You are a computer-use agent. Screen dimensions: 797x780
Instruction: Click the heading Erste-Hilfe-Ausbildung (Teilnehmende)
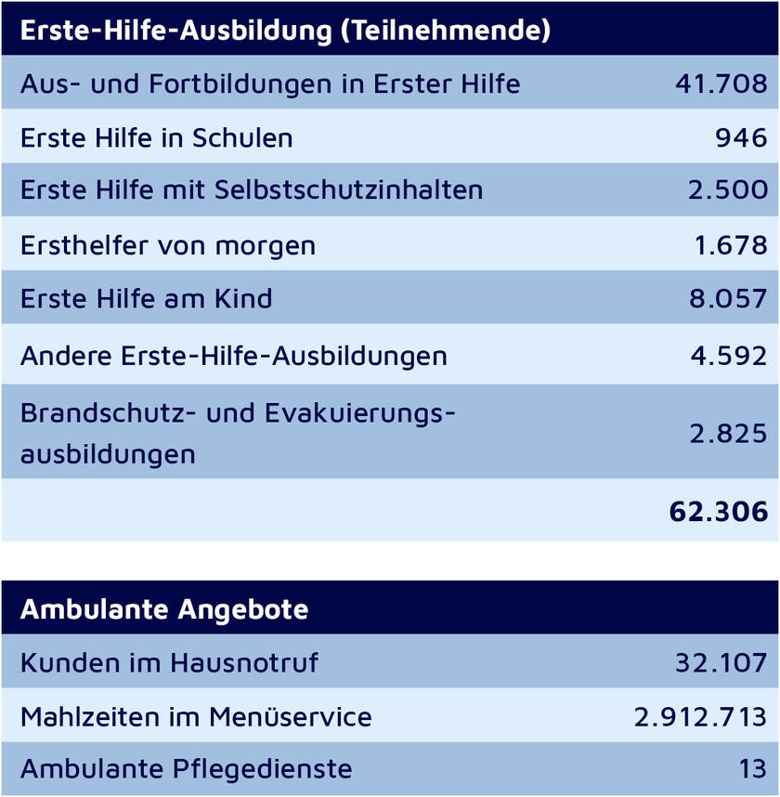click(x=285, y=30)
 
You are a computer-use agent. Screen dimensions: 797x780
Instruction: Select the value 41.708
click(x=721, y=84)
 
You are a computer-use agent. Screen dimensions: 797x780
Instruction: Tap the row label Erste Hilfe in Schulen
click(x=156, y=137)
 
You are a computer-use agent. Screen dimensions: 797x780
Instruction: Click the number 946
click(x=741, y=137)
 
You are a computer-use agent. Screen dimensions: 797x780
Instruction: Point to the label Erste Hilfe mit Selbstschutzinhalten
click(x=252, y=190)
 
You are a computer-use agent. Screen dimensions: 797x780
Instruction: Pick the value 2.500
click(x=728, y=190)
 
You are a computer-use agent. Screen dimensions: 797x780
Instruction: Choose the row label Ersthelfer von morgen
click(x=168, y=245)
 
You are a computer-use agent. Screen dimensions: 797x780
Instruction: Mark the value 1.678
click(x=731, y=245)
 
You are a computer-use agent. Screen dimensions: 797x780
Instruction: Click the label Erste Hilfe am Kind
click(x=147, y=299)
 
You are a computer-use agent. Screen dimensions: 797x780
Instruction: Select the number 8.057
click(x=729, y=299)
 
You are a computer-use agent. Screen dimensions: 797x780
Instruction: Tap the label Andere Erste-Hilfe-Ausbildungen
click(x=234, y=355)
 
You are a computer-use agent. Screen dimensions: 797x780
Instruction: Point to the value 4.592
click(x=730, y=355)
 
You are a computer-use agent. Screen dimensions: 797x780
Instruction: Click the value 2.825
click(x=729, y=433)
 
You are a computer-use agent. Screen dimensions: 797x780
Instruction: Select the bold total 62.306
click(x=719, y=511)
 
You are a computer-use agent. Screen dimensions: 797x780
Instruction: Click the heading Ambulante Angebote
click(x=164, y=609)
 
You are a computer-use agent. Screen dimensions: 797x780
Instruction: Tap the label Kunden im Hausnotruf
click(x=169, y=663)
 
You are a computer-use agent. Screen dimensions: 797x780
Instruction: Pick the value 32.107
click(x=721, y=663)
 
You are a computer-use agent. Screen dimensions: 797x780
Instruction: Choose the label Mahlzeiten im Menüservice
click(x=196, y=717)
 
